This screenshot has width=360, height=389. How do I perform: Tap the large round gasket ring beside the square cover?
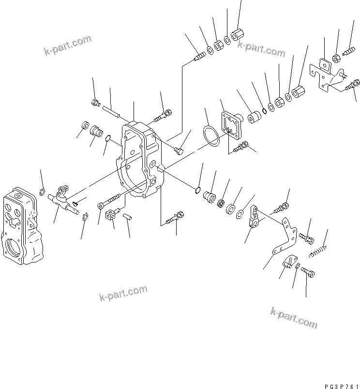tap(210, 135)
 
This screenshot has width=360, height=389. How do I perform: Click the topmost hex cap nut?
tap(238, 35)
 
